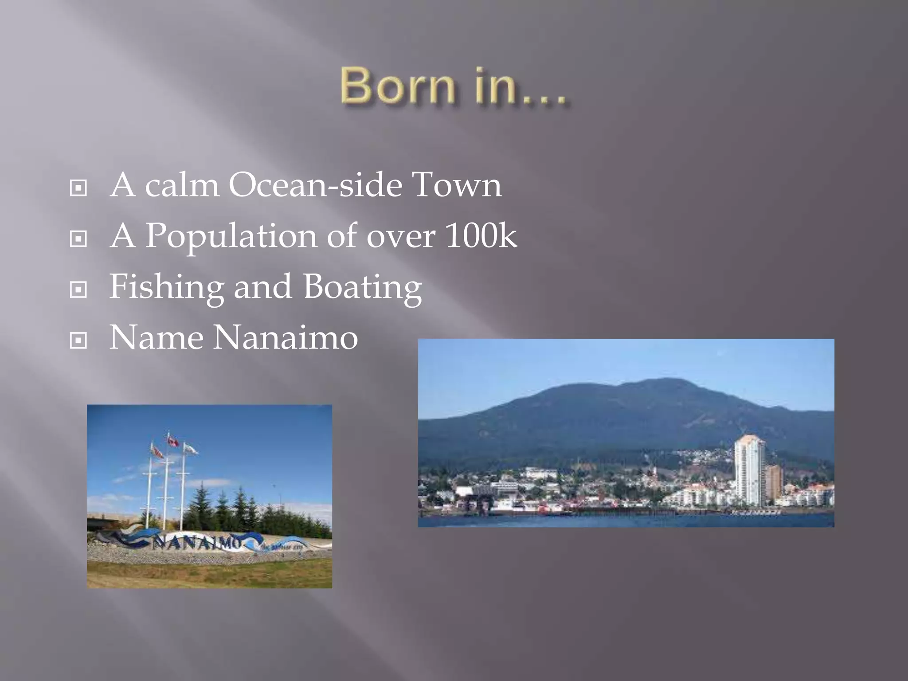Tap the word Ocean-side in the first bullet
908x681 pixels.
pos(315,185)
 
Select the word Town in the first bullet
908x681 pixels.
pos(457,185)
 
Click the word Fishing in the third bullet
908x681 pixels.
pos(166,287)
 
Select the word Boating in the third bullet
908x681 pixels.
pos(362,287)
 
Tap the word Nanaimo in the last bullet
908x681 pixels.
pos(286,338)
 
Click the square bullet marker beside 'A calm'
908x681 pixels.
pos(78,188)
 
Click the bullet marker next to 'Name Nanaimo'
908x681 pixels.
pos(78,341)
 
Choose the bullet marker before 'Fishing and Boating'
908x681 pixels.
pos(78,290)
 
